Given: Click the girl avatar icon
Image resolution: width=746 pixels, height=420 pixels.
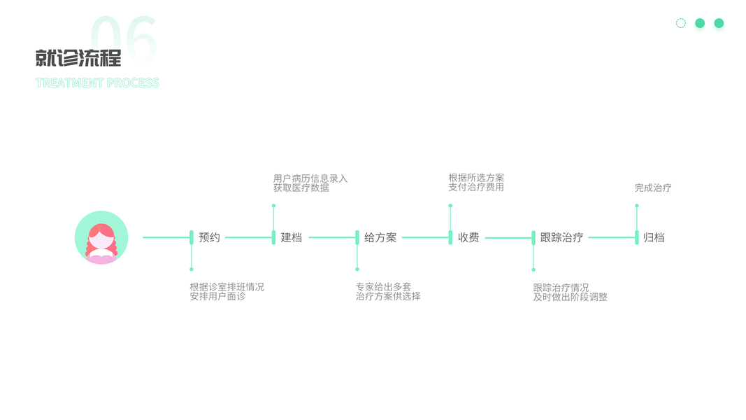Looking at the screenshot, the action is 101,237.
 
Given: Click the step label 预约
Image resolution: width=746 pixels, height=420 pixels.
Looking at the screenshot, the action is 209,237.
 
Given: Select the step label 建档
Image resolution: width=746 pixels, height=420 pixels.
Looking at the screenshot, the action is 292,237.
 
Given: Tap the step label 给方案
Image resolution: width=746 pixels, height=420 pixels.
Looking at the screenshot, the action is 380,237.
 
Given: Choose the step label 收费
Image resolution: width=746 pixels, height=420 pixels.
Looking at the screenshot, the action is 468,237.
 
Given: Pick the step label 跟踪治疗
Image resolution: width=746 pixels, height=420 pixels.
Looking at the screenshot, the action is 561,237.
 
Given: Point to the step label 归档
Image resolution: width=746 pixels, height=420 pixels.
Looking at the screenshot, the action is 654,237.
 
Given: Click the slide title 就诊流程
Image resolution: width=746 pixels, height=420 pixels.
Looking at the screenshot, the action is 78,57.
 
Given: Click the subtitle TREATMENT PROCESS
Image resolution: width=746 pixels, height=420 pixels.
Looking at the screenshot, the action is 97,83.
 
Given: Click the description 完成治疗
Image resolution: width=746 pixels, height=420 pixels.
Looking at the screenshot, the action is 652,188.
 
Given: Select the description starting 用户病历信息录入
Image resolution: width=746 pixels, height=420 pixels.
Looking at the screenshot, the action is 310,183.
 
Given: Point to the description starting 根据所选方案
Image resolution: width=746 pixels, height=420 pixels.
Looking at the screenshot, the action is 476,183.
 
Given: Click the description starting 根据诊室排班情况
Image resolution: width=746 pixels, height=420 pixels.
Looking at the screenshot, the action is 227,291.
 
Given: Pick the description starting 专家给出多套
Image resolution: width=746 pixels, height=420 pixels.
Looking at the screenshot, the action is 388,291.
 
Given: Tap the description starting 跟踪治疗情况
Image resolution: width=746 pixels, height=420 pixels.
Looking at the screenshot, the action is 570,292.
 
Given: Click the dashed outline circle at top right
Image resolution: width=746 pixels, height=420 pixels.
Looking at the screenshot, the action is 681,23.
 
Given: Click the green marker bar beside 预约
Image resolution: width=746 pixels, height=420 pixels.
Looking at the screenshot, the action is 192,237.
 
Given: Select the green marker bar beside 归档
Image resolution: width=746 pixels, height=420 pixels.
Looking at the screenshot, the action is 637,237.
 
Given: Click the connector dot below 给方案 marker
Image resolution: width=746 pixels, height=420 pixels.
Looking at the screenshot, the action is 357,269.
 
